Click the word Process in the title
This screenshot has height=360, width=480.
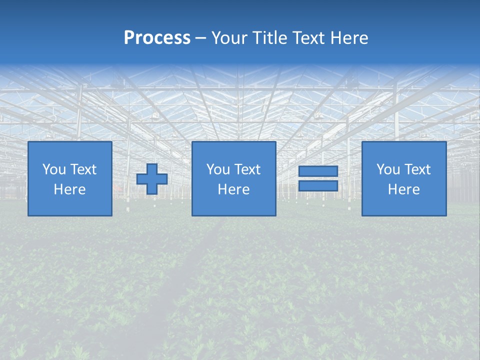[157, 38]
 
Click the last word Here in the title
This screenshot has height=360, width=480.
[349, 38]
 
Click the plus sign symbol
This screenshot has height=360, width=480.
[152, 179]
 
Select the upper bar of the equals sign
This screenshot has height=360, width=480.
[318, 171]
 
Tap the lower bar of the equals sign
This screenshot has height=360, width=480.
[318, 185]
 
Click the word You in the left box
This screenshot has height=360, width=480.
[54, 169]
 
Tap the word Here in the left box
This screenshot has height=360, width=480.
[69, 189]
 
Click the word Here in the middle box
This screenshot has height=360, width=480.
[233, 189]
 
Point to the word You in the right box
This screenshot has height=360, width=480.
[388, 169]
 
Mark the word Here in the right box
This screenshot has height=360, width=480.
[403, 189]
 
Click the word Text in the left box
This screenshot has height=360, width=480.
[84, 169]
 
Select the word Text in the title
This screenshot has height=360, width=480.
[309, 38]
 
